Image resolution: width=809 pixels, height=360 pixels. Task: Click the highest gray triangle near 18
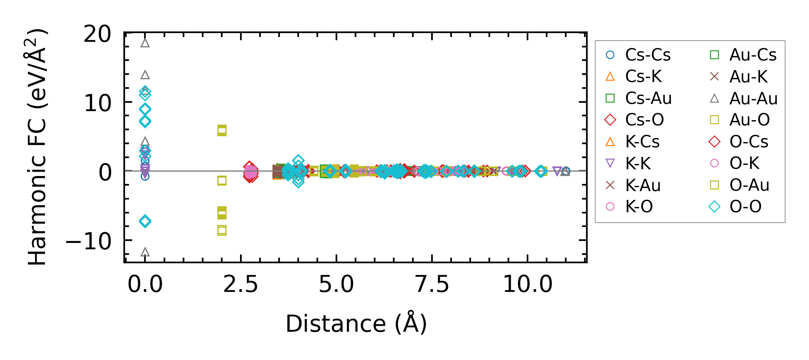tap(145, 43)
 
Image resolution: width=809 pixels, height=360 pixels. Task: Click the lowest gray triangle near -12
tap(145, 252)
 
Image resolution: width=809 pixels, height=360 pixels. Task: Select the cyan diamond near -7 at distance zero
tap(145, 221)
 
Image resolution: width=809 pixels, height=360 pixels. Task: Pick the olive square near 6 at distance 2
tap(222, 130)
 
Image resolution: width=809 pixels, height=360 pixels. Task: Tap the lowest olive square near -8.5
tap(222, 230)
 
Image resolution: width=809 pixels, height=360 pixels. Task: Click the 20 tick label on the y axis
tap(98, 34)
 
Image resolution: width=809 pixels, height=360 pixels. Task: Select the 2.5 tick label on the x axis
tap(241, 285)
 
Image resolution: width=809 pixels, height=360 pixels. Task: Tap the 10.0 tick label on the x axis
tap(528, 285)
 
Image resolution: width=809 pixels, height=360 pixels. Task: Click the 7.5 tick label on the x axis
tap(432, 285)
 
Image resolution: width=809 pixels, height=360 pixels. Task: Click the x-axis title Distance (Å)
tap(356, 323)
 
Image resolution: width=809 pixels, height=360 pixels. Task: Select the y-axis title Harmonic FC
tap(37, 147)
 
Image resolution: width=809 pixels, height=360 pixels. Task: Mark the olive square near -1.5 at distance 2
tap(222, 181)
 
